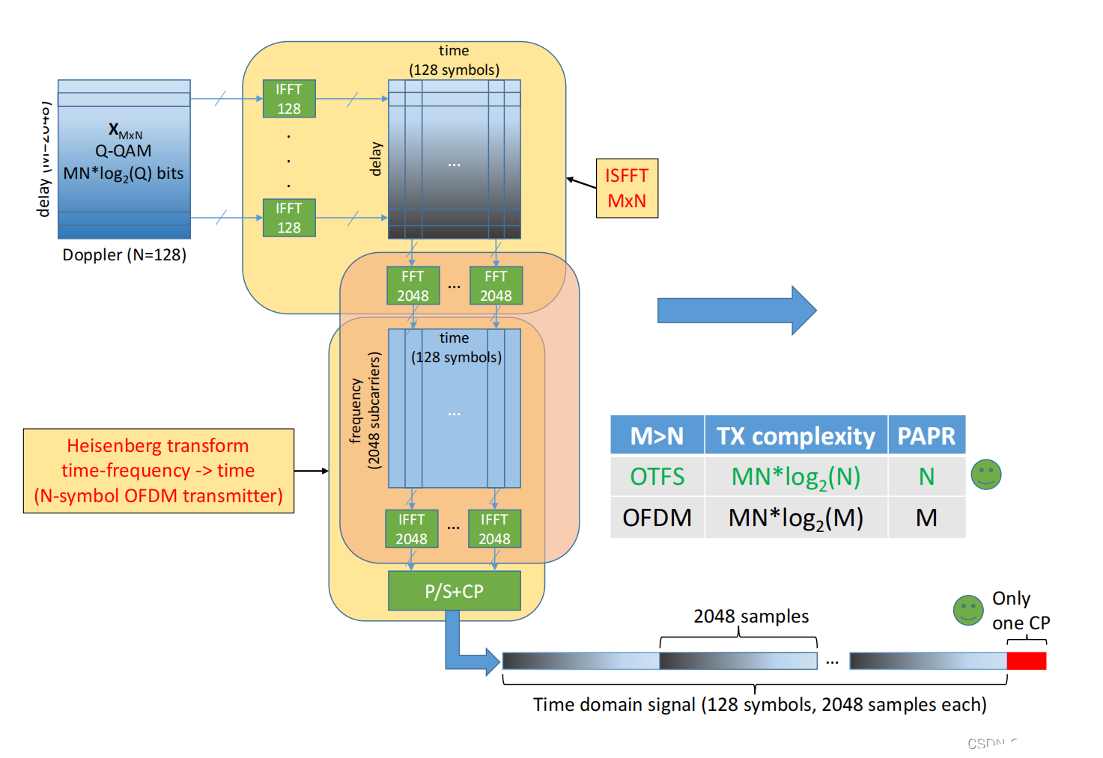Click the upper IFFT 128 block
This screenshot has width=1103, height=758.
pos(289,99)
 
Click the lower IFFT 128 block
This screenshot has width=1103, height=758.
pos(289,218)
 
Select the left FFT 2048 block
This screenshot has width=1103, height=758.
pos(413,286)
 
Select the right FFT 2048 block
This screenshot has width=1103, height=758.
pos(496,286)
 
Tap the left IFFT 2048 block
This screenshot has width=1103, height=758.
pos(411,529)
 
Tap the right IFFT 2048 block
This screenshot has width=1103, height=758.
pos(494,529)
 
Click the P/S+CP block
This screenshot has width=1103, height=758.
pos(454,591)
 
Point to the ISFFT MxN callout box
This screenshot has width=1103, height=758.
pos(627,189)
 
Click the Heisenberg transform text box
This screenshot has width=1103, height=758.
pos(159,471)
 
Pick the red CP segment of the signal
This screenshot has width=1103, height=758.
pos(1026,661)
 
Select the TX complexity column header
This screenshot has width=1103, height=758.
pos(795,435)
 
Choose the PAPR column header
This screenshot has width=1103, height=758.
pos(926,435)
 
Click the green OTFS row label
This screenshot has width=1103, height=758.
pos(657,477)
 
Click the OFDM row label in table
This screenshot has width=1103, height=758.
pos(657,518)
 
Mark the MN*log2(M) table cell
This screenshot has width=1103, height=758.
pos(795,518)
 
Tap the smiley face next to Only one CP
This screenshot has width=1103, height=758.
pos(967,611)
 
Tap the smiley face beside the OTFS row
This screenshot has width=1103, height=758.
pos(985,474)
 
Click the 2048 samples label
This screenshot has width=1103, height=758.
pos(751,617)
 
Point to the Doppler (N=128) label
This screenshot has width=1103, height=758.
pos(124,255)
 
